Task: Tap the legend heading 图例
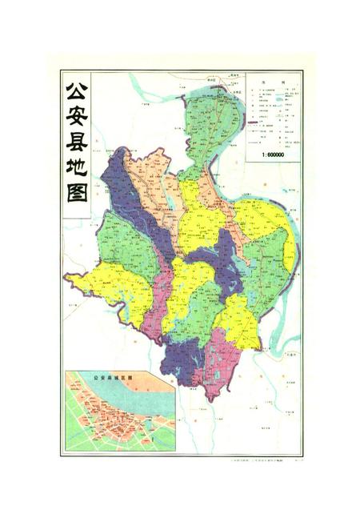point(273,82)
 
